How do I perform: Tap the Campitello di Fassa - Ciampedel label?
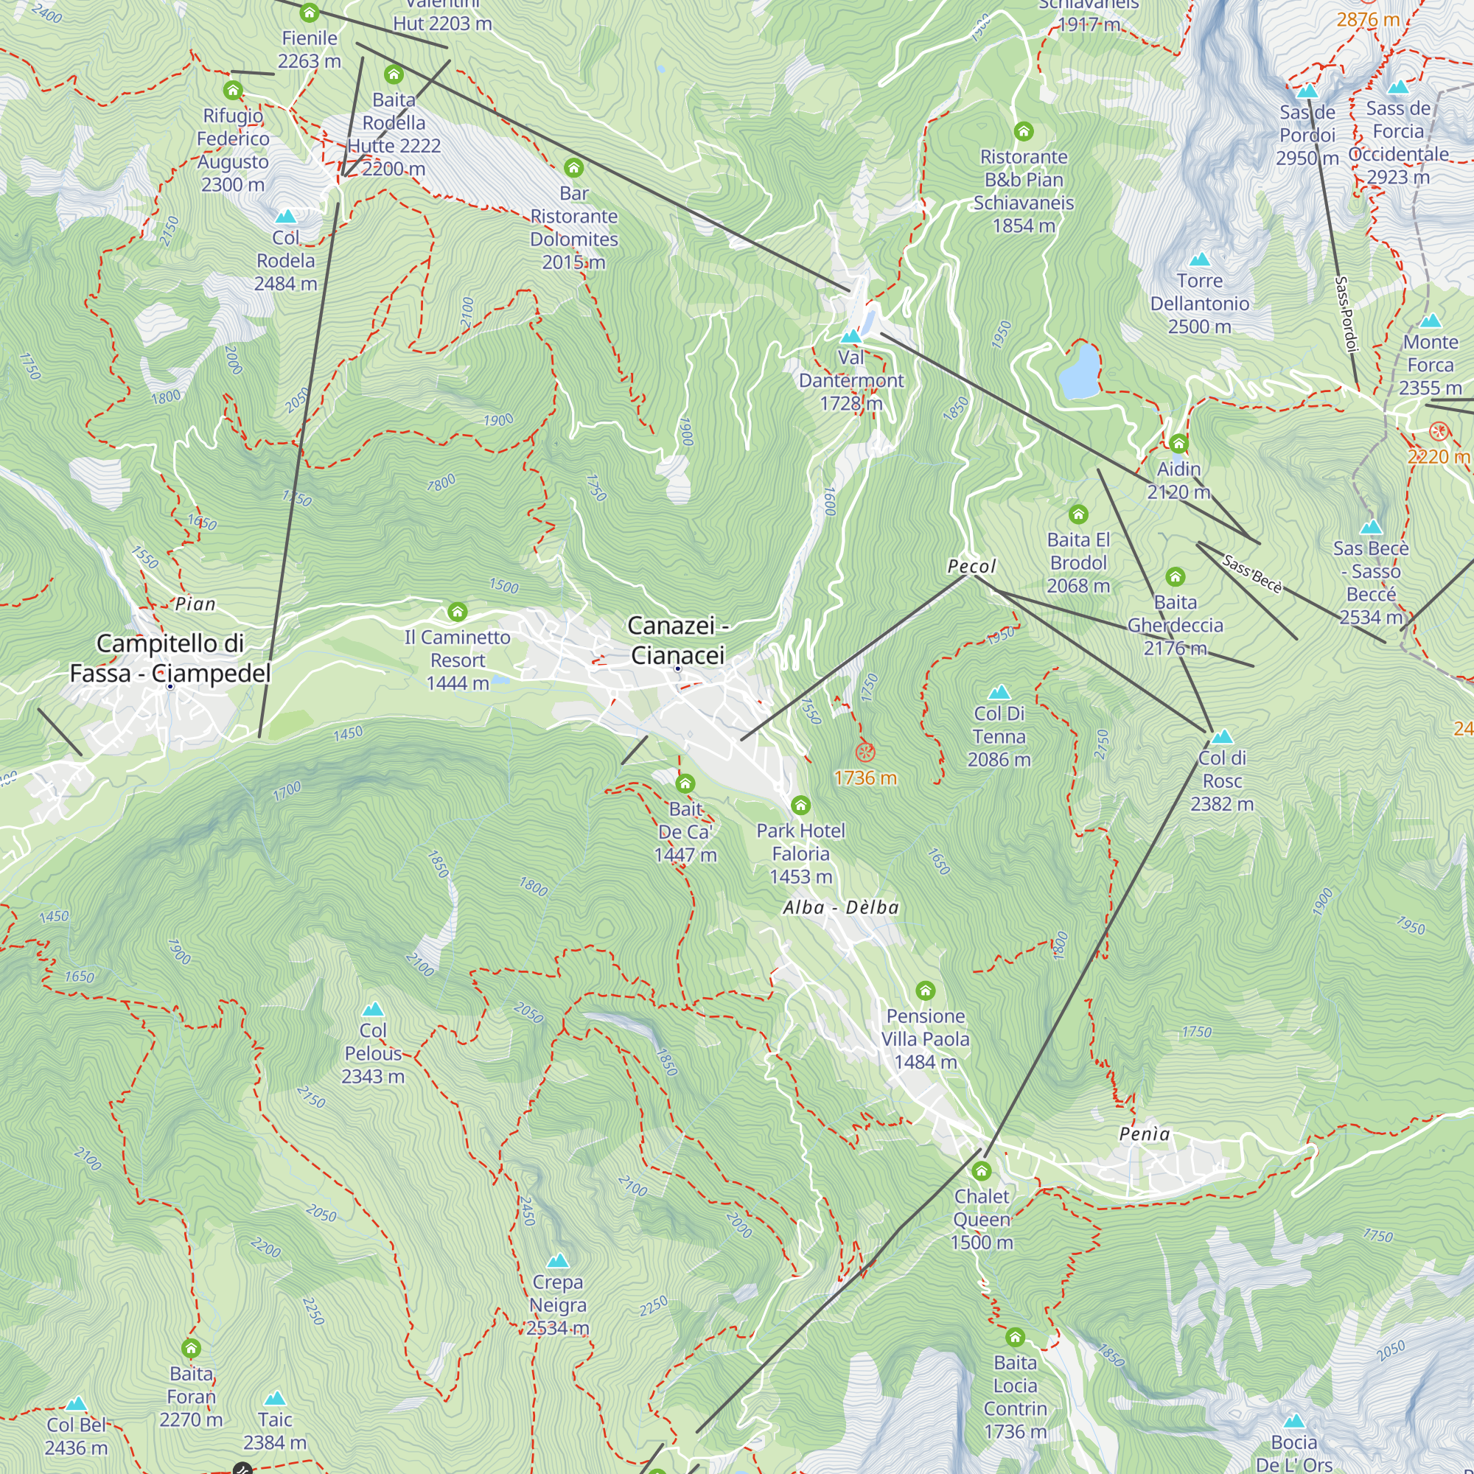pyautogui.click(x=170, y=657)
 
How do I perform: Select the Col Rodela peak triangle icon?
pyautogui.click(x=285, y=217)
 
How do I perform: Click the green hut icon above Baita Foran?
pyautogui.click(x=191, y=1348)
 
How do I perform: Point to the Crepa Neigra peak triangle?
pyautogui.click(x=558, y=1260)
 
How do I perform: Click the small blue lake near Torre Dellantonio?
pyautogui.click(x=1079, y=371)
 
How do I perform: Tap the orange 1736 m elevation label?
pyautogui.click(x=865, y=778)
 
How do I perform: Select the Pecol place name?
pyautogui.click(x=971, y=566)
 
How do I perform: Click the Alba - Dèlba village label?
pyautogui.click(x=841, y=907)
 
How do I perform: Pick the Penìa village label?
pyautogui.click(x=1145, y=1134)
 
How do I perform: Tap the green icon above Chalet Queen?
pyautogui.click(x=981, y=1171)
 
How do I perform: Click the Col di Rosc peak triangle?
pyautogui.click(x=1222, y=736)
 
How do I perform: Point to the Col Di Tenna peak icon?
pyautogui.click(x=999, y=692)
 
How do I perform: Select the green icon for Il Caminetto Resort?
pyautogui.click(x=457, y=612)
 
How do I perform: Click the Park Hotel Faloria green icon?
pyautogui.click(x=800, y=805)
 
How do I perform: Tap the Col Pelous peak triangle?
pyautogui.click(x=372, y=1010)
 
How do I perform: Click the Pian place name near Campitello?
pyautogui.click(x=195, y=604)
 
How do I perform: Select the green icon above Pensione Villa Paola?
pyautogui.click(x=926, y=991)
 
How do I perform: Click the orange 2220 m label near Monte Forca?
pyautogui.click(x=1438, y=456)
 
